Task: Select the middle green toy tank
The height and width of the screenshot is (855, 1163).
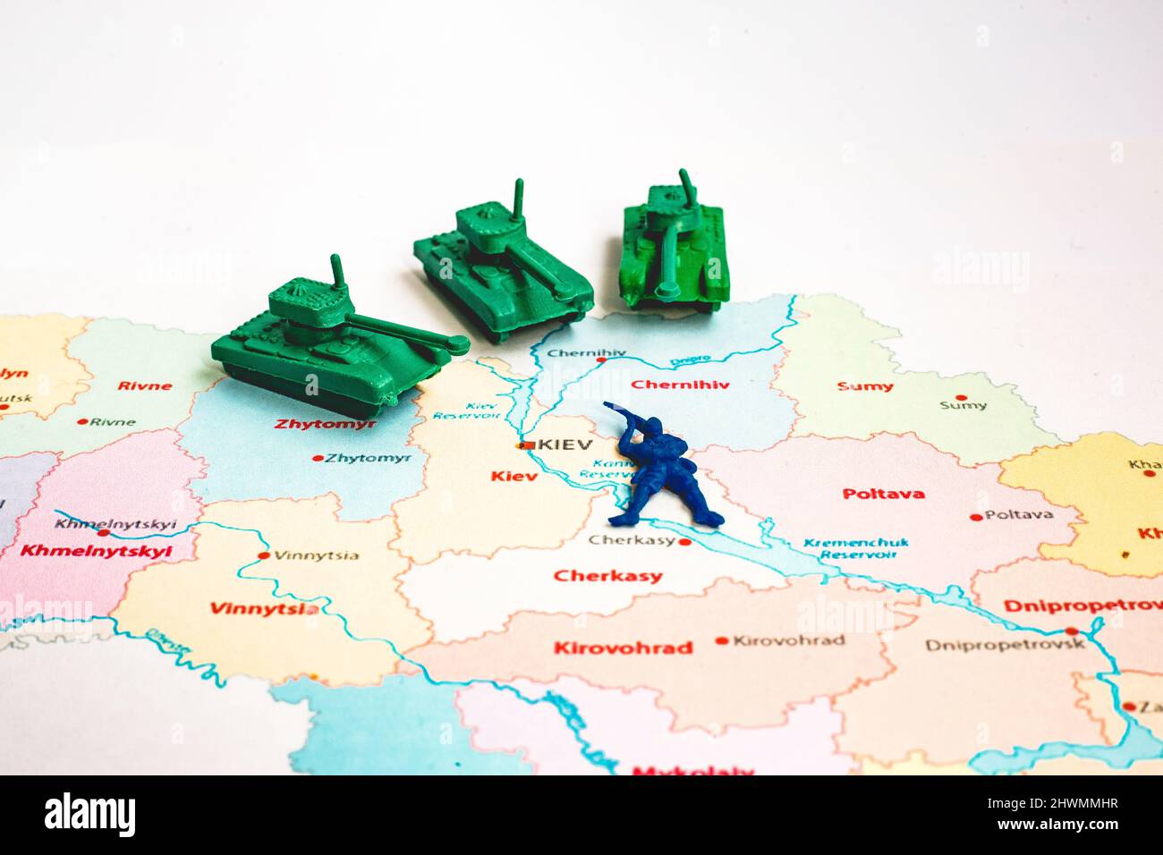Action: [501, 267]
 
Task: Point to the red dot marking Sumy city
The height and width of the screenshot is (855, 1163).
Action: [961, 398]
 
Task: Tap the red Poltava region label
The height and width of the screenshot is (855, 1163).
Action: [883, 493]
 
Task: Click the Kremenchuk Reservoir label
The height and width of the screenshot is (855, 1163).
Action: [843, 548]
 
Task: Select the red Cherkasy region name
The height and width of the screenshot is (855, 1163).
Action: [607, 576]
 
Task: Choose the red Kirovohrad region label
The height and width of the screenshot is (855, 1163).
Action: [623, 648]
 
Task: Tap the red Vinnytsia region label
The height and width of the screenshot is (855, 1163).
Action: [263, 608]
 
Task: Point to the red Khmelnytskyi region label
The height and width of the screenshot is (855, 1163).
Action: [96, 551]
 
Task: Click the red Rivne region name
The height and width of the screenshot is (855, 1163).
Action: [144, 385]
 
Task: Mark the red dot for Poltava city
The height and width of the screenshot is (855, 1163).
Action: [975, 517]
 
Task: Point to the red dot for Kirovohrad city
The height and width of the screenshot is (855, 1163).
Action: [722, 641]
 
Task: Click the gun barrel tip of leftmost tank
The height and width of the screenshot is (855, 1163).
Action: [460, 342]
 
